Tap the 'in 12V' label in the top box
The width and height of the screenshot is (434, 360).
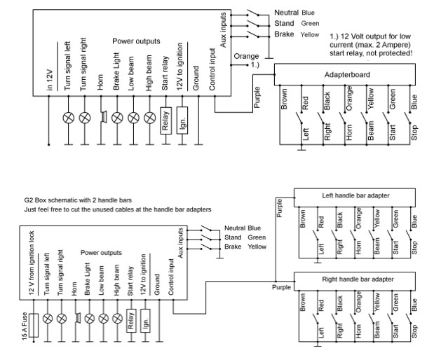tap(50, 71)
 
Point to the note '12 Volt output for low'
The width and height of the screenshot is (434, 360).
tap(372, 36)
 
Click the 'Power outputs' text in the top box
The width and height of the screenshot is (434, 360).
tap(137, 41)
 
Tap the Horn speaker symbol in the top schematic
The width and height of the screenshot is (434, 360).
tap(102, 116)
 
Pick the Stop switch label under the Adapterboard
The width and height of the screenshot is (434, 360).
tap(414, 133)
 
